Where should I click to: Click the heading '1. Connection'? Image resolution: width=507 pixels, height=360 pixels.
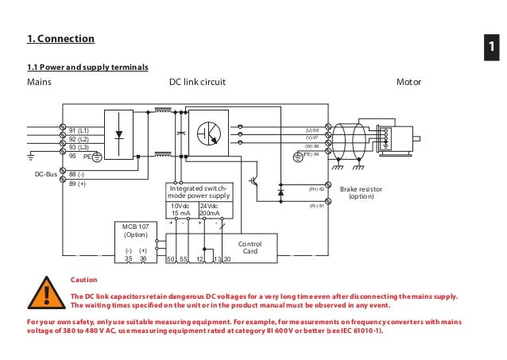coord(60,39)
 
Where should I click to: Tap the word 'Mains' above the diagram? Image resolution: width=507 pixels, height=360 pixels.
coord(40,82)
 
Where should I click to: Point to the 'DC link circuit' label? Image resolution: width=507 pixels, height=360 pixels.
coord(198,82)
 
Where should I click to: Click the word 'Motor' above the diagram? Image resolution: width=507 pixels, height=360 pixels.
coord(408,82)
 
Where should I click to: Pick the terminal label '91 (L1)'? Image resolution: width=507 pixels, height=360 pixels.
coord(78,129)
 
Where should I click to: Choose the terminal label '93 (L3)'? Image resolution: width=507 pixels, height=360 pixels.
coord(78,147)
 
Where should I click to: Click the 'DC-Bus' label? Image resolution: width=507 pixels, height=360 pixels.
coord(45,173)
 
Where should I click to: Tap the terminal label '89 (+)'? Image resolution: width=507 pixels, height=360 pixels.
coord(77,183)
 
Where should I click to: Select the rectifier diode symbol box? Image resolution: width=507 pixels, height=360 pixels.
coord(119,133)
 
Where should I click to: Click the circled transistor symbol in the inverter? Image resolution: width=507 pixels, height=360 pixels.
coord(211,133)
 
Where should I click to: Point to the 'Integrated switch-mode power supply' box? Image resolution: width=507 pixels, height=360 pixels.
coord(199,192)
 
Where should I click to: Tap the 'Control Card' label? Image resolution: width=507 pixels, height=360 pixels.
coord(250,248)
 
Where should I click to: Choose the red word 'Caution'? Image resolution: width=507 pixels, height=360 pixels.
coord(83,280)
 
